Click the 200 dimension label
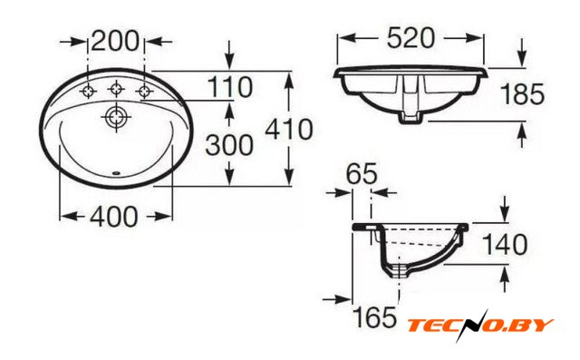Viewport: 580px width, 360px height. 115,41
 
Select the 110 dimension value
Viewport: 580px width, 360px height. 229,87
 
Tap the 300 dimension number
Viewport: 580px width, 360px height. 229,145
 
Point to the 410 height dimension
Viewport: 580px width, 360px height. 289,129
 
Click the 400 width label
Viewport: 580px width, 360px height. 114,217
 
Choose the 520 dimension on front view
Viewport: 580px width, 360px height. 411,38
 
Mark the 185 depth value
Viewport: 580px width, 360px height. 522,93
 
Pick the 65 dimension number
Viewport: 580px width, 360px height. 362,173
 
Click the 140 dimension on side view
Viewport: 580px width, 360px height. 505,245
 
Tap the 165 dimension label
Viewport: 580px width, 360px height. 374,317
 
